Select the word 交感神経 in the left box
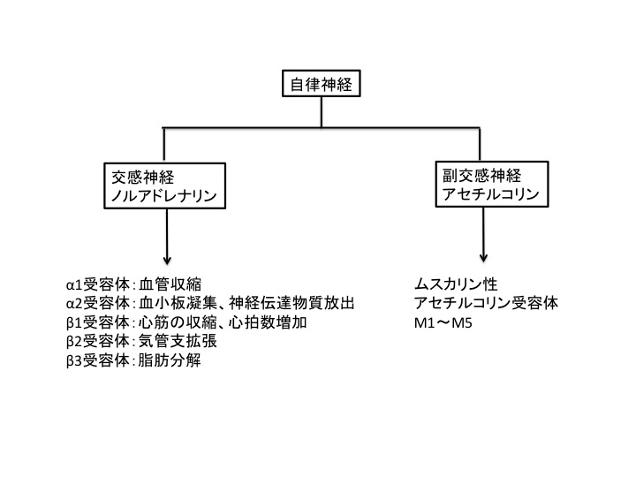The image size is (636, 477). [143, 178]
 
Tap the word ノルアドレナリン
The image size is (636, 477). [164, 196]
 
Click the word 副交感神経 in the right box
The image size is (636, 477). [482, 176]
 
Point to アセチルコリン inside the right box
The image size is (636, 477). [491, 194]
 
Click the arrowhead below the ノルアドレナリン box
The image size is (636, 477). [167, 260]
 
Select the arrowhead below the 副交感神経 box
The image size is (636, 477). [483, 258]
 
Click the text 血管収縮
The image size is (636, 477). [170, 284]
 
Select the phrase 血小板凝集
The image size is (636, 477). [178, 303]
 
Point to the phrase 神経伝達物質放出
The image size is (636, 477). [291, 303]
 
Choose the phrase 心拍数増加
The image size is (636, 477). [268, 322]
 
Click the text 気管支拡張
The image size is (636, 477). [178, 341]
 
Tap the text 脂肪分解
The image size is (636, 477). [170, 360]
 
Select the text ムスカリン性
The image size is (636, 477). [456, 284]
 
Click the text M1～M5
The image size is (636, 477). [443, 323]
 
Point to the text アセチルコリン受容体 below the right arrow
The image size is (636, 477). [487, 303]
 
